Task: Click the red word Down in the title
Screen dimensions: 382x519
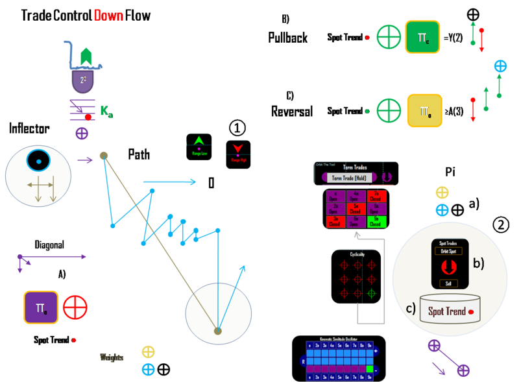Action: tap(108, 16)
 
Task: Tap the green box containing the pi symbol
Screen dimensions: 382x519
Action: tap(422, 37)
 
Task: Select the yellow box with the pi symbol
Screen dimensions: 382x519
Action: tap(424, 110)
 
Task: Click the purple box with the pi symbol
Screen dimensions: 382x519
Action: tap(41, 307)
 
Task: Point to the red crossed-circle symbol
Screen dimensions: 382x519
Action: tap(75, 307)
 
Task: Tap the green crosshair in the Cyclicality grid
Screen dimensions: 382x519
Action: tap(371, 294)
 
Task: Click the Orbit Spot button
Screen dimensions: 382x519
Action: tap(450, 251)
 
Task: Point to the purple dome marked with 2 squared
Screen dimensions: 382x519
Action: tap(83, 80)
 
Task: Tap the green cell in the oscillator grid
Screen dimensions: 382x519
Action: tap(370, 368)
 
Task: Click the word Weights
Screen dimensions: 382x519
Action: tap(112, 357)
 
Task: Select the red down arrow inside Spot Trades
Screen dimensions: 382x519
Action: tap(450, 267)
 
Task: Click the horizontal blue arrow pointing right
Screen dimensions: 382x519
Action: tap(169, 182)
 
